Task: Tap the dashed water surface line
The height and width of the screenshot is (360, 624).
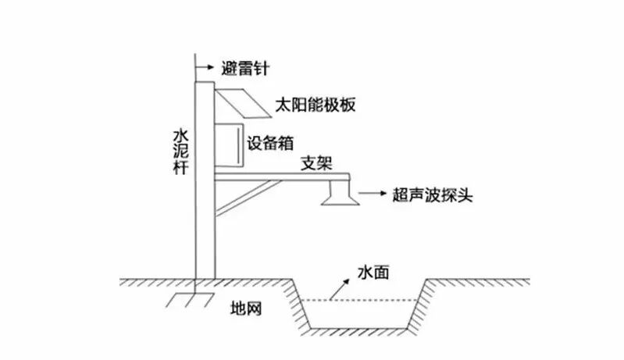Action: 359,301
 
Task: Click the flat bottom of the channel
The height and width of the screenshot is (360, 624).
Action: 359,327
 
